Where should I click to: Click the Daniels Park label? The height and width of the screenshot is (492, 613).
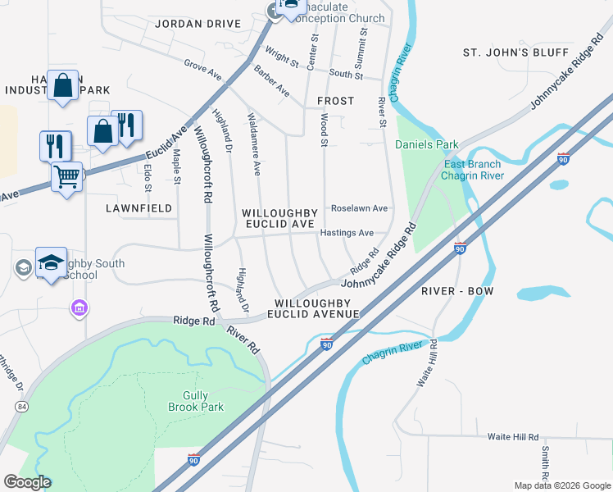click(427, 144)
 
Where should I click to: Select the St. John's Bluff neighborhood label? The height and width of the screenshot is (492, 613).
click(515, 52)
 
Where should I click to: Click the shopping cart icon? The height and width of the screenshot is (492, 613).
click(67, 175)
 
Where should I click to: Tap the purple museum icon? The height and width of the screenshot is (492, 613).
click(79, 308)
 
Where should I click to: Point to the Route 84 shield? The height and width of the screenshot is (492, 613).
click(20, 407)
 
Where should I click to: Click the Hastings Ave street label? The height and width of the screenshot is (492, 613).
click(352, 233)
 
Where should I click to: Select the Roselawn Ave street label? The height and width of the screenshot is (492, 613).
click(358, 208)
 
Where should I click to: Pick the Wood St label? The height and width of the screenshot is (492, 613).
click(325, 131)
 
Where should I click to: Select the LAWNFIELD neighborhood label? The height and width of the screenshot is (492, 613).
click(139, 208)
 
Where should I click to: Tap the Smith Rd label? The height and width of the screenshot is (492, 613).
click(544, 462)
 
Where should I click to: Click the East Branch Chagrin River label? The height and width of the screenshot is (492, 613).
click(472, 170)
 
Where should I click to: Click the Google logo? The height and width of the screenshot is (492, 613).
click(27, 481)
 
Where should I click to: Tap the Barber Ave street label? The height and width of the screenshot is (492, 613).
click(271, 80)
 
